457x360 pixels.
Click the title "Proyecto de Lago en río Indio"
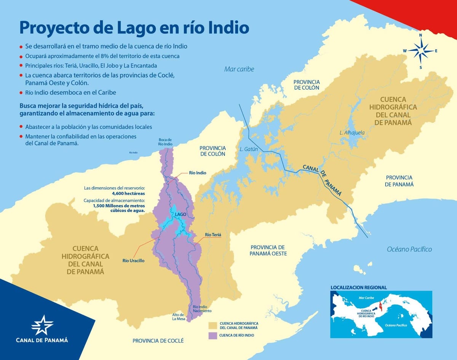point(134,27)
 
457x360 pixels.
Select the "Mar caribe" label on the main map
point(239,69)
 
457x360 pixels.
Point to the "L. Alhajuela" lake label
point(352,133)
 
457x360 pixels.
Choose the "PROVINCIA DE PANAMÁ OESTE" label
point(268,250)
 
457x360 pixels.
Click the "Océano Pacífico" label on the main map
point(409,249)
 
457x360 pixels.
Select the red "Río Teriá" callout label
point(213,235)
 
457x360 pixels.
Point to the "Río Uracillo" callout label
point(133,261)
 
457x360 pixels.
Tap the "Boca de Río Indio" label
point(165,142)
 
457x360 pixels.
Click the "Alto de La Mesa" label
point(178,317)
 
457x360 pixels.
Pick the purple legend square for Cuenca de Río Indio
point(212,335)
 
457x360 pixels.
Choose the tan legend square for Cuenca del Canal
point(212,325)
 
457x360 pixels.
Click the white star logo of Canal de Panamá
point(42,325)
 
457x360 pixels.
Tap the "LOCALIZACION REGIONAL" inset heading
point(358,288)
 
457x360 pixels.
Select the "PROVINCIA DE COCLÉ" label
point(158,341)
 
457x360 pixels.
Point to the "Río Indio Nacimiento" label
point(202,309)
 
